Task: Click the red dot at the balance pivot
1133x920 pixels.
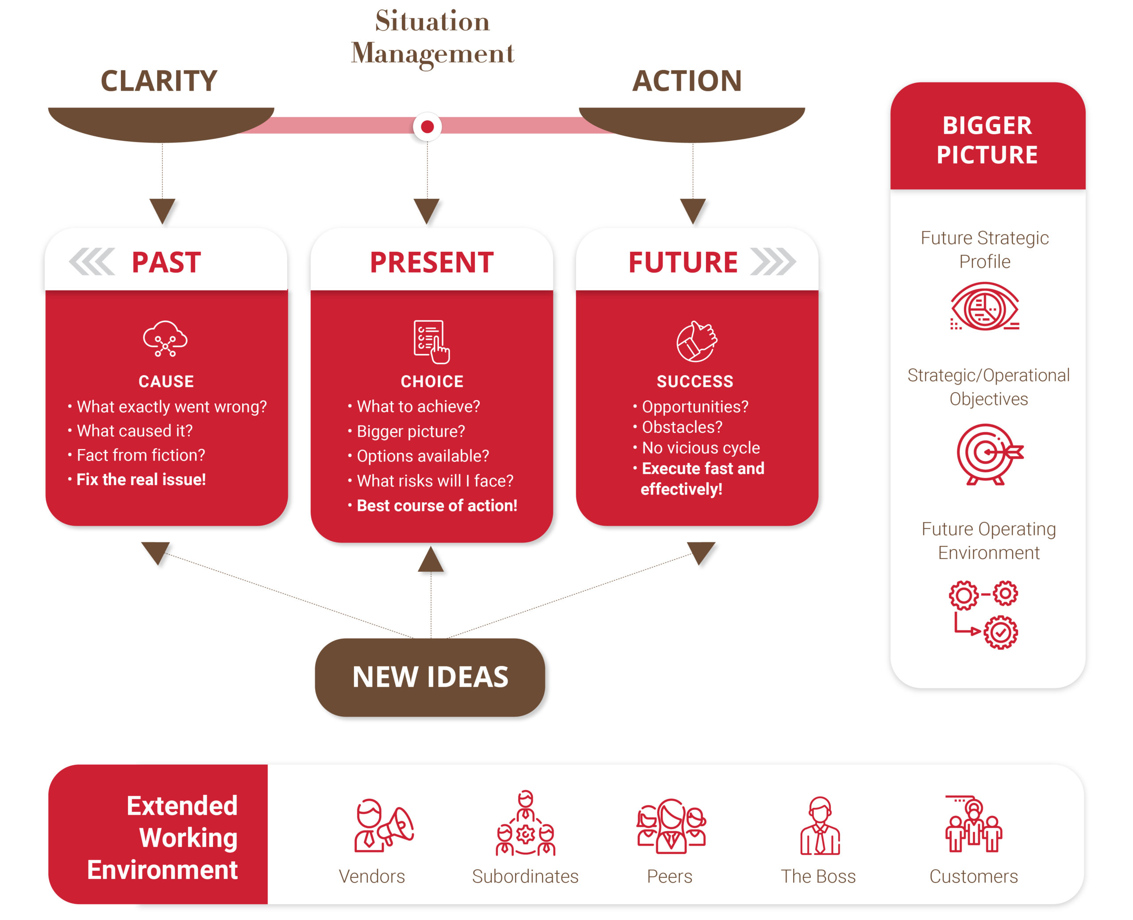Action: tap(427, 127)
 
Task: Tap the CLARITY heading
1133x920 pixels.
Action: tap(159, 81)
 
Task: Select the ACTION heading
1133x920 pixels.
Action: tap(687, 81)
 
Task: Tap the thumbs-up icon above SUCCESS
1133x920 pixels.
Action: tap(696, 341)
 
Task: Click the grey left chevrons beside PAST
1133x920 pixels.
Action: tap(92, 262)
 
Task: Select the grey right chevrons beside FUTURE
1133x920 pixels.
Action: tap(773, 262)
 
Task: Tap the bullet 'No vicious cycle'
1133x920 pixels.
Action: tap(701, 448)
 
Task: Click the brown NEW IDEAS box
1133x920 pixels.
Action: tap(430, 677)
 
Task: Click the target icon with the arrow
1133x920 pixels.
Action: tap(989, 454)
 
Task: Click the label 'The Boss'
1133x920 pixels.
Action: tap(818, 877)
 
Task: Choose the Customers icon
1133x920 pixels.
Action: tap(974, 825)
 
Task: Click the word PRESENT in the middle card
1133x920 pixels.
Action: tap(432, 262)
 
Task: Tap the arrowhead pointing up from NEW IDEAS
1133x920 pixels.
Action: tap(431, 560)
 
